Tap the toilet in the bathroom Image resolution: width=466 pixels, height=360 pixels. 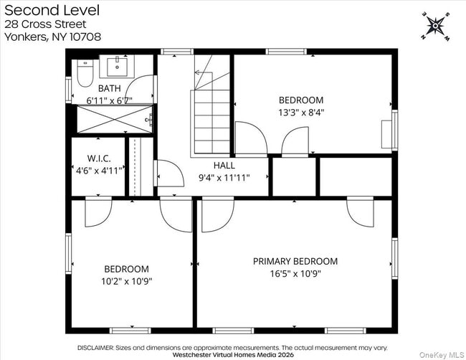pyautogui.click(x=85, y=72)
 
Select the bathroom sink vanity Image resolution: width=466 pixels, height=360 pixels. pyautogui.click(x=118, y=68)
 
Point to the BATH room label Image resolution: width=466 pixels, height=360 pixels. pyautogui.click(x=109, y=89)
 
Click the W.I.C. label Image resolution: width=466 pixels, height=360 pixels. pyautogui.click(x=98, y=158)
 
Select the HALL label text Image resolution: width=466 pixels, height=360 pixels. pyautogui.click(x=224, y=166)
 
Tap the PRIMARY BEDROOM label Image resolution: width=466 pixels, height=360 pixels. pyautogui.click(x=295, y=261)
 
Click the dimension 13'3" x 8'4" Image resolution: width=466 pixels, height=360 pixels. pyautogui.click(x=300, y=113)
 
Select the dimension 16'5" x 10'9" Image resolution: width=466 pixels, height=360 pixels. pyautogui.click(x=295, y=274)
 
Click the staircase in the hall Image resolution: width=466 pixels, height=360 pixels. pyautogui.click(x=210, y=115)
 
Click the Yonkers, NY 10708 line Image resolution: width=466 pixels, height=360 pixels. pyautogui.click(x=52, y=37)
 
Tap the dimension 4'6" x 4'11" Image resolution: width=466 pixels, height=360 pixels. pyautogui.click(x=98, y=171)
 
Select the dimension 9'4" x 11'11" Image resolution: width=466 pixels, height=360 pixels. pyautogui.click(x=224, y=178)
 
